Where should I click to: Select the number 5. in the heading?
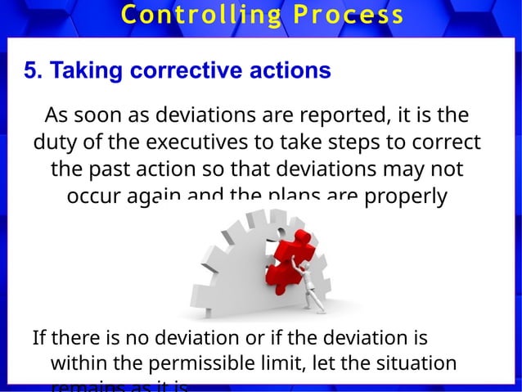click(x=34, y=71)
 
